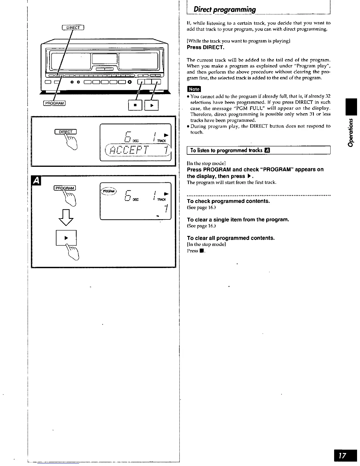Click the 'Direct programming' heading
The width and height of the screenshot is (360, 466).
pos(225,9)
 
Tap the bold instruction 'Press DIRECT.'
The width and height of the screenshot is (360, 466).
pos(206,47)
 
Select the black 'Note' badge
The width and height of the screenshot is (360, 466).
pos(194,89)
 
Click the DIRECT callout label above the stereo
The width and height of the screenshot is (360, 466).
pos(73,28)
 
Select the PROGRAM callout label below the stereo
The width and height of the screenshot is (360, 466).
pos(54,103)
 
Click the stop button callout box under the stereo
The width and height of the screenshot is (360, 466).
pos(135,105)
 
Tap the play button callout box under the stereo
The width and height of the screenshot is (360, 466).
pos(152,105)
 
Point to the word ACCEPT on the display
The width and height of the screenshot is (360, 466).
pos(129,150)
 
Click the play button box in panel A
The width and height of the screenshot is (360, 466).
pos(66,237)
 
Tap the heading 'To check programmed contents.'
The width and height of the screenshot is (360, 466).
pos(228,201)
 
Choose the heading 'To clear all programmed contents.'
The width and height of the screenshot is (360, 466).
pos(231,238)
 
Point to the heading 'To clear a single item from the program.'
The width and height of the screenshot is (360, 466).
pos(238,219)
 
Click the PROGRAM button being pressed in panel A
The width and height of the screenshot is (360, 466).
pos(65,188)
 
